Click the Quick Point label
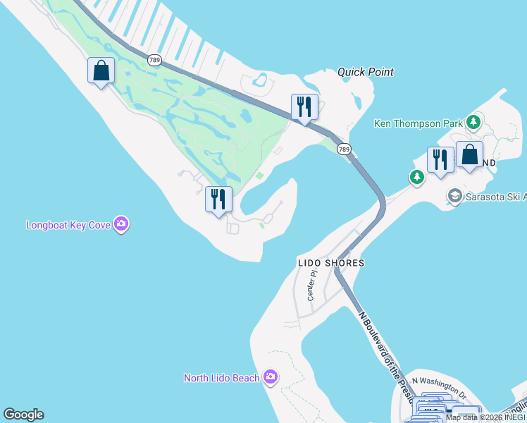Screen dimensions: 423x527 tap(365, 72)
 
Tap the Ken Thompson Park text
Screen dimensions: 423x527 tap(418, 123)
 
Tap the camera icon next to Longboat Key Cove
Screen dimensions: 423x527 tap(122, 225)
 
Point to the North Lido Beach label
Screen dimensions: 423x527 tap(221, 378)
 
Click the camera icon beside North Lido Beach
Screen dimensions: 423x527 tap(270, 377)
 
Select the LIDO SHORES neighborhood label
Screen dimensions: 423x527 tap(331, 263)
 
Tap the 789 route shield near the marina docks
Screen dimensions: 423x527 tap(155, 60)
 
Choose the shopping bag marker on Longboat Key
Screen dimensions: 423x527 tap(101, 70)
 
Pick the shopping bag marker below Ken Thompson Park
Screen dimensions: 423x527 tap(469, 155)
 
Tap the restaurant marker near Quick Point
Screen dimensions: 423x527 tap(304, 107)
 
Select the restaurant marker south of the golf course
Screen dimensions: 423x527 tap(218, 200)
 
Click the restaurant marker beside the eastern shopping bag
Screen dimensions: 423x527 tap(440, 159)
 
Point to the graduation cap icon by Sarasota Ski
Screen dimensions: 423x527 tap(454, 195)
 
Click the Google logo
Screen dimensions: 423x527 tap(23, 415)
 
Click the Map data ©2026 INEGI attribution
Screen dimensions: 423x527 tap(485, 418)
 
